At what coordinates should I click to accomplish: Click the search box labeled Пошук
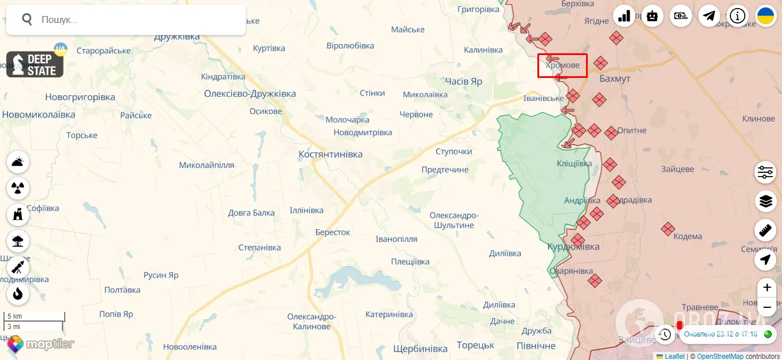pos(132,19)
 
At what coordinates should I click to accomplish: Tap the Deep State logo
pos(35,64)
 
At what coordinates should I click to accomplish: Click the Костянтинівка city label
pos(331,154)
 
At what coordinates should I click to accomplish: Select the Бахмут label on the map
pos(615,79)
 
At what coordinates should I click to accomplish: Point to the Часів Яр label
pos(463,81)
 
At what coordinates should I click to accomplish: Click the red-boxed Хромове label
pos(562,66)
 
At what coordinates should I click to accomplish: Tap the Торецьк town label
pos(475,345)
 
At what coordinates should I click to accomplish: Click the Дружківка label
pos(176,37)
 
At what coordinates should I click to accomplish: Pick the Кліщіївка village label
pos(574,163)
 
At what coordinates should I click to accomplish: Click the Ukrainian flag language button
pos(765,16)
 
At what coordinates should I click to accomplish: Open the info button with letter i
pos(737,16)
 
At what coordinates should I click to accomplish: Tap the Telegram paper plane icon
pos(709,16)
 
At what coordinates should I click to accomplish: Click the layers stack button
pos(765,201)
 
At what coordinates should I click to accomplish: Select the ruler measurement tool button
pos(765,230)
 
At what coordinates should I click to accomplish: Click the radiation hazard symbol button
pos(18,187)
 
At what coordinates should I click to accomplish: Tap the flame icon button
pos(18,294)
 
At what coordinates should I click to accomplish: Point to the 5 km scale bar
pos(34,317)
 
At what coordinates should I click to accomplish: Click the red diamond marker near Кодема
pos(667,229)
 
